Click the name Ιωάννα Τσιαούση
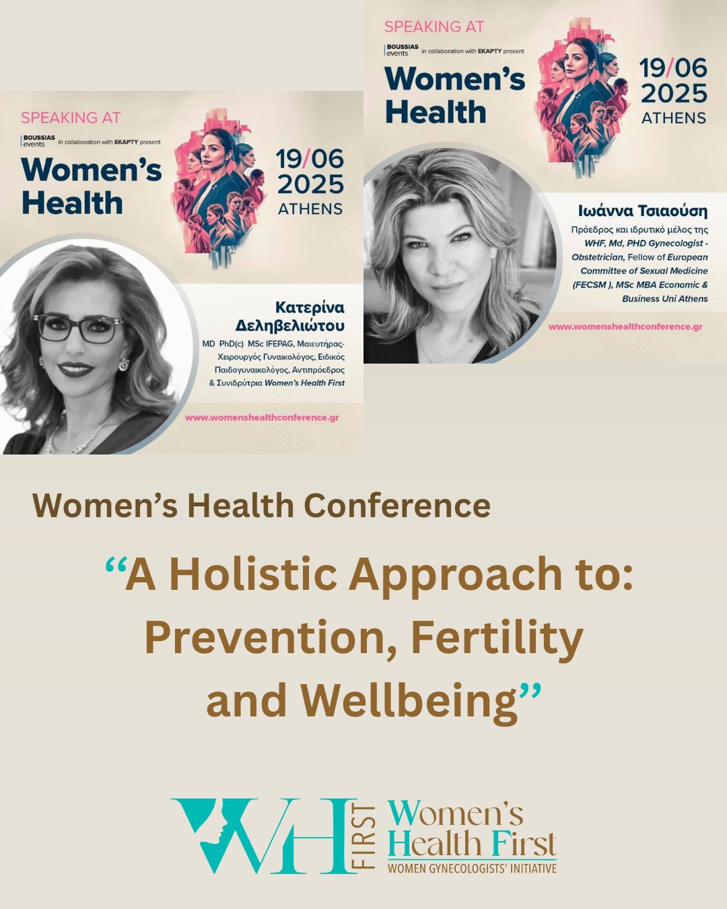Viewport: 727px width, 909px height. (642, 211)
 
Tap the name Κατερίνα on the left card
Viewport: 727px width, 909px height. (310, 308)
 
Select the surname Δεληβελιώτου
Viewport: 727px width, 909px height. (289, 326)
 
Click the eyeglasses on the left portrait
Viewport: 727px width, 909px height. (79, 327)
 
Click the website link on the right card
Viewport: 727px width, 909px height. (625, 327)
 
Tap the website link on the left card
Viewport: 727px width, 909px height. (262, 417)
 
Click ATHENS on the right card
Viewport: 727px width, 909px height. (673, 118)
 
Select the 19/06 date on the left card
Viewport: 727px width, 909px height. (310, 160)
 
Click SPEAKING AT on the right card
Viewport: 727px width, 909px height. (434, 27)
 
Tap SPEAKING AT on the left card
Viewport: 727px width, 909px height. (71, 117)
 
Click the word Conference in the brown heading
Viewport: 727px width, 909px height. (397, 506)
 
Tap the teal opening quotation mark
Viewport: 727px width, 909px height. (115, 564)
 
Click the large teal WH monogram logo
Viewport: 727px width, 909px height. (264, 836)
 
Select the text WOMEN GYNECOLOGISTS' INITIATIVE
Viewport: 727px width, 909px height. (472, 869)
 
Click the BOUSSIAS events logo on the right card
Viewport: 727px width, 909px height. (401, 50)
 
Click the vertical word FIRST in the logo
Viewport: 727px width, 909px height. (367, 836)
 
